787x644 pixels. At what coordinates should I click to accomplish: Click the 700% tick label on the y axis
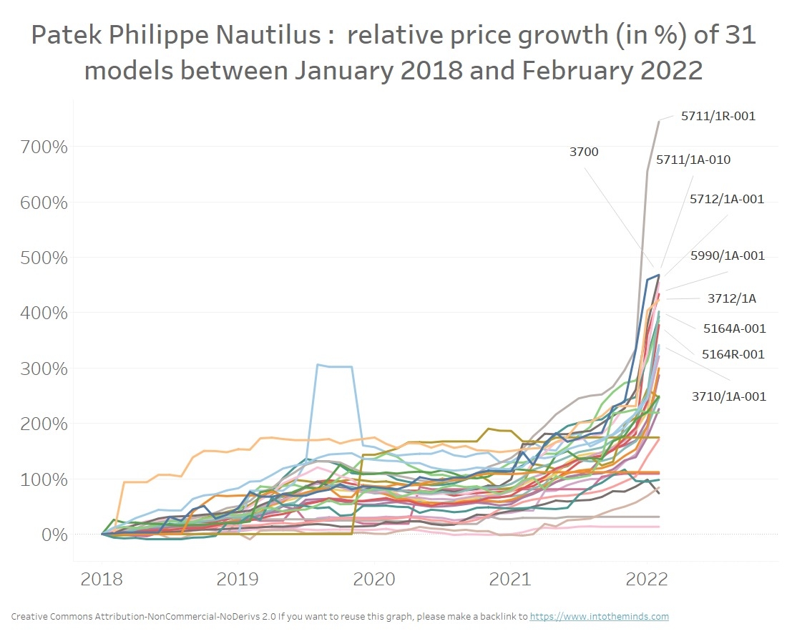(x=44, y=147)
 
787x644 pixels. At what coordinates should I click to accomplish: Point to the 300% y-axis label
(x=44, y=369)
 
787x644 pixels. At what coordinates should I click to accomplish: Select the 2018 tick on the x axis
(x=102, y=579)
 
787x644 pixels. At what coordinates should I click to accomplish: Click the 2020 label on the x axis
(x=374, y=579)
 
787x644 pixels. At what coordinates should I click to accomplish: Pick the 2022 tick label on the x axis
(x=647, y=579)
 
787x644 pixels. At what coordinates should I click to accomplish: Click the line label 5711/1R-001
(x=718, y=116)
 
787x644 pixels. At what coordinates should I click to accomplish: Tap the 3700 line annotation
(x=584, y=152)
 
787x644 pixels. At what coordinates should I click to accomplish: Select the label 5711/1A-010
(x=693, y=160)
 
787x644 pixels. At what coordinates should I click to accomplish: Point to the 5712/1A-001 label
(x=727, y=200)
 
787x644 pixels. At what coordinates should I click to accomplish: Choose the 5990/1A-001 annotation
(x=728, y=255)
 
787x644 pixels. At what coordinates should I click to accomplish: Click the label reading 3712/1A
(x=731, y=299)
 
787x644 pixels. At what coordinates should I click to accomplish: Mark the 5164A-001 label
(x=734, y=329)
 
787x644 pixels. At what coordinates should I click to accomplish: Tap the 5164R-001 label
(x=733, y=354)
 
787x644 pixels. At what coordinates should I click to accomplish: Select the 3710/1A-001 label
(x=728, y=396)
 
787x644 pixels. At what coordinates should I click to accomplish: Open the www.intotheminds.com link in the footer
(x=600, y=616)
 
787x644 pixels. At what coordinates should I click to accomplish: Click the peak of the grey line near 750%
(x=658, y=122)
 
